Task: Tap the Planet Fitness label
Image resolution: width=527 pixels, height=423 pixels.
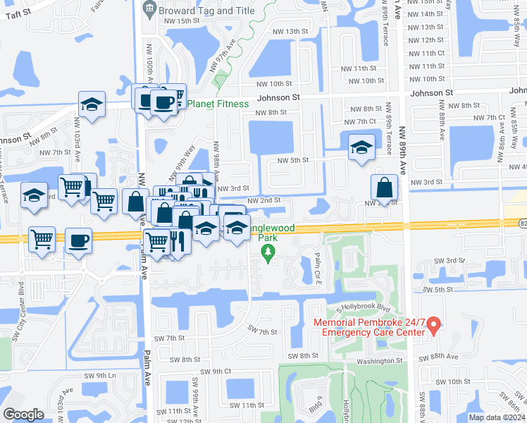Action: point(218,104)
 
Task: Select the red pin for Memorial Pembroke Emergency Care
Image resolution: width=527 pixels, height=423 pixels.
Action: point(434,325)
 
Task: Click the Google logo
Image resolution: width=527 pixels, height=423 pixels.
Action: point(23,415)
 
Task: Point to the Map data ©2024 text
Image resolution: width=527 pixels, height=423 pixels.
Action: point(497,417)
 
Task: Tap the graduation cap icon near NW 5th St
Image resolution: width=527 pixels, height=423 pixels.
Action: point(361,148)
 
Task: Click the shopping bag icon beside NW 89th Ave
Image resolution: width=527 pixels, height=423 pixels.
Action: point(384,188)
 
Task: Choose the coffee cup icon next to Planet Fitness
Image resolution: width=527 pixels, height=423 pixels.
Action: point(163,102)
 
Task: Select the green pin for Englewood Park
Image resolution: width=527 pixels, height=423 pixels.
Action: point(267,257)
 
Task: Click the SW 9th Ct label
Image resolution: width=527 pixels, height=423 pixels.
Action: point(216,371)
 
